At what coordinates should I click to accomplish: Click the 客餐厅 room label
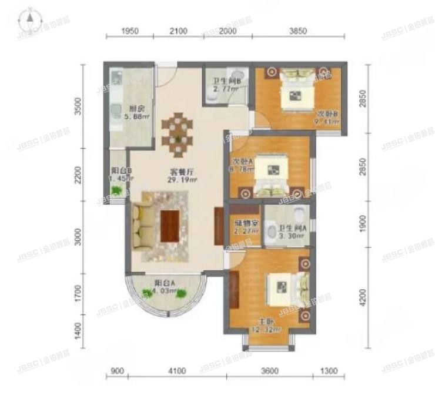point(178,172)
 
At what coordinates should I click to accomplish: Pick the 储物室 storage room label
point(243,223)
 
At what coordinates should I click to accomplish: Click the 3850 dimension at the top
point(299,31)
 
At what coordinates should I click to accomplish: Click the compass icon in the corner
point(28,21)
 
